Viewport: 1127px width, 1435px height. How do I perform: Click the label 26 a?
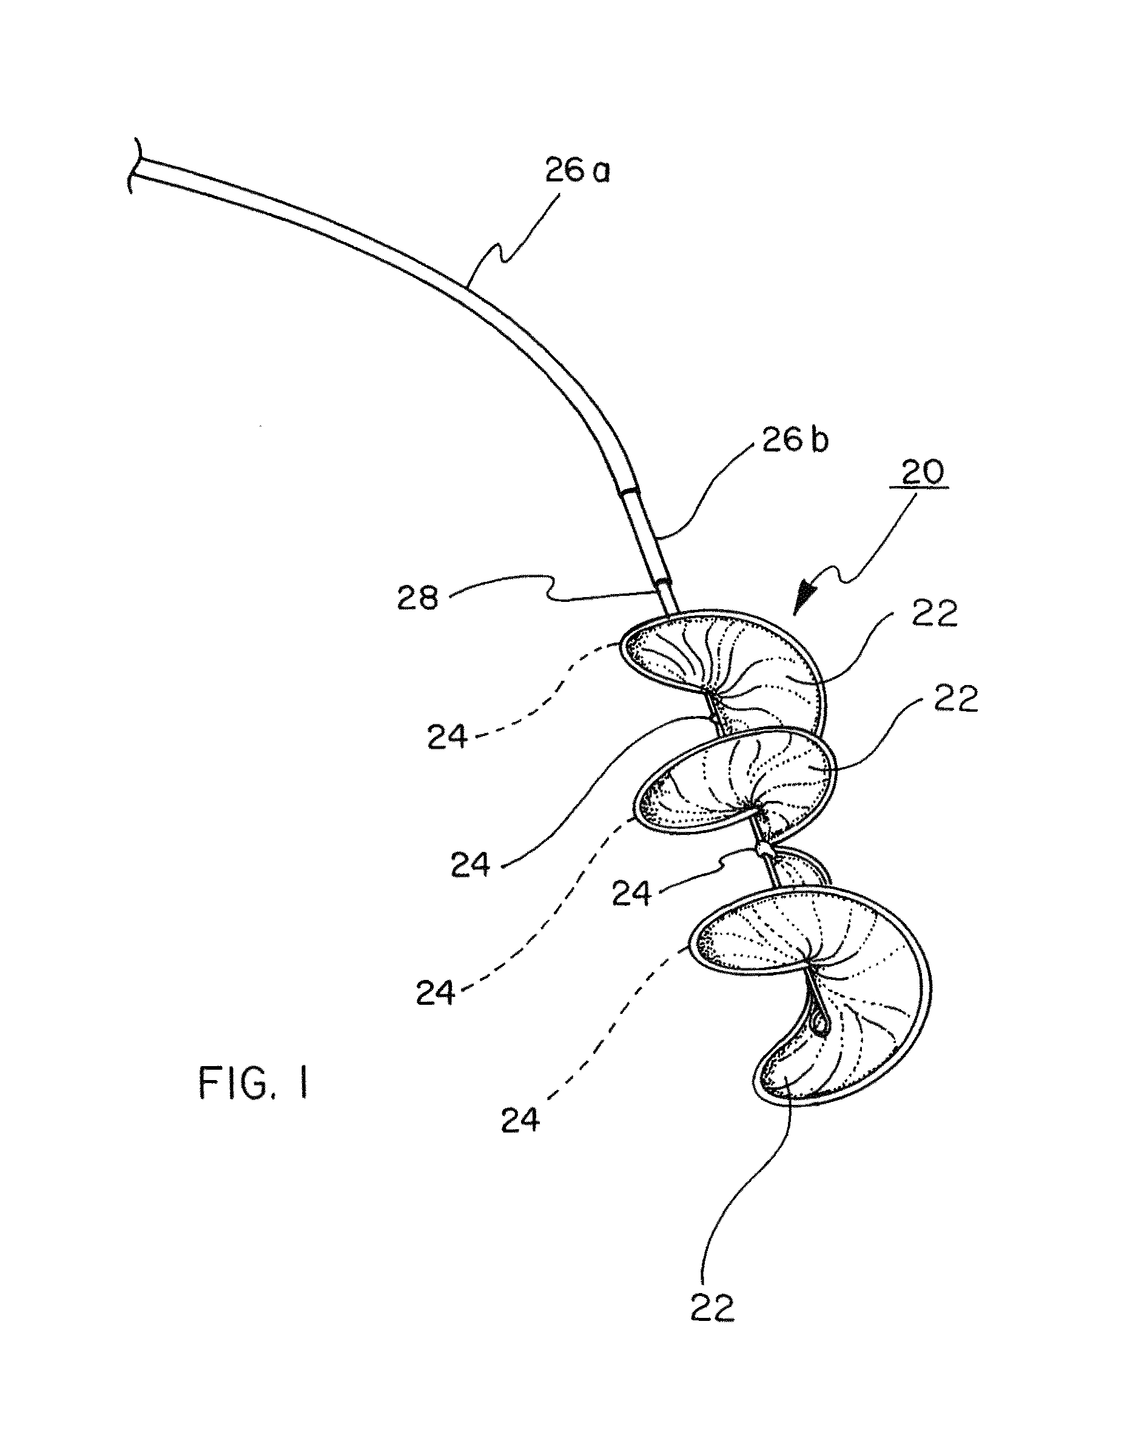577,171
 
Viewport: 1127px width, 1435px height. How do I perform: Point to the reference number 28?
417,599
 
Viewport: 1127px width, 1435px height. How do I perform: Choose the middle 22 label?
955,698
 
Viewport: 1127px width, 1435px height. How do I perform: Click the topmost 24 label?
448,737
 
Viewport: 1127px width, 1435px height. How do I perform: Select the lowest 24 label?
520,1120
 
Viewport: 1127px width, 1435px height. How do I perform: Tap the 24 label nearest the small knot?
631,894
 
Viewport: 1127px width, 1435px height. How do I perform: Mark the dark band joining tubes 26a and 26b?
628,491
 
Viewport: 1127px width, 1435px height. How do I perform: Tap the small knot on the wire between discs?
764,847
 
